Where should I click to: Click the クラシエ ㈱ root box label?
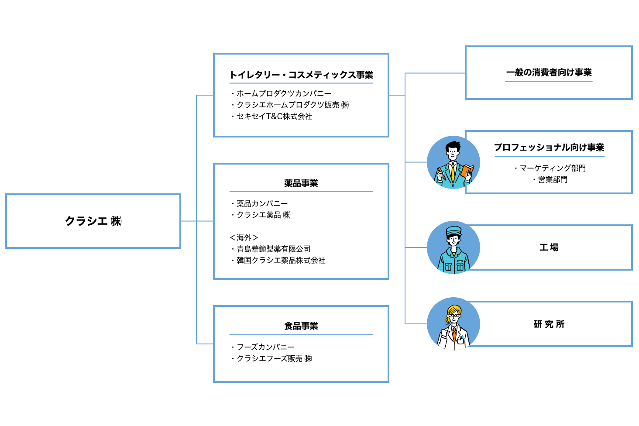[x=93, y=221]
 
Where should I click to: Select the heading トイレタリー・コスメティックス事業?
[x=301, y=75]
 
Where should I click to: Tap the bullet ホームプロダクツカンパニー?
[x=284, y=93]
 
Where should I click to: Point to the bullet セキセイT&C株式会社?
[x=274, y=116]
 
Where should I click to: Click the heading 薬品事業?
[x=301, y=183]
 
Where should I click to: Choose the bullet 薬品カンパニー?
[x=262, y=203]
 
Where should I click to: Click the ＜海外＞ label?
[x=244, y=237]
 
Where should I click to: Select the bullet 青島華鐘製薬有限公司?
[x=273, y=249]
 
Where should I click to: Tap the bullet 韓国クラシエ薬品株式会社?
[x=281, y=260]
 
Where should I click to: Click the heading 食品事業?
[x=301, y=326]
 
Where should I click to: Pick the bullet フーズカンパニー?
[x=265, y=347]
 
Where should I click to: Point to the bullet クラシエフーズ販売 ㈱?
[x=274, y=358]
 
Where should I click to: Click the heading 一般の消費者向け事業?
[x=549, y=72]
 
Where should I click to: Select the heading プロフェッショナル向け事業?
[x=549, y=148]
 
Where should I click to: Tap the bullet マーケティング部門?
[x=552, y=168]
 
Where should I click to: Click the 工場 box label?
[x=549, y=247]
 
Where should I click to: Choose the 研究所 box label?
[x=549, y=324]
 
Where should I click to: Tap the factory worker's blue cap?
[x=453, y=230]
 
